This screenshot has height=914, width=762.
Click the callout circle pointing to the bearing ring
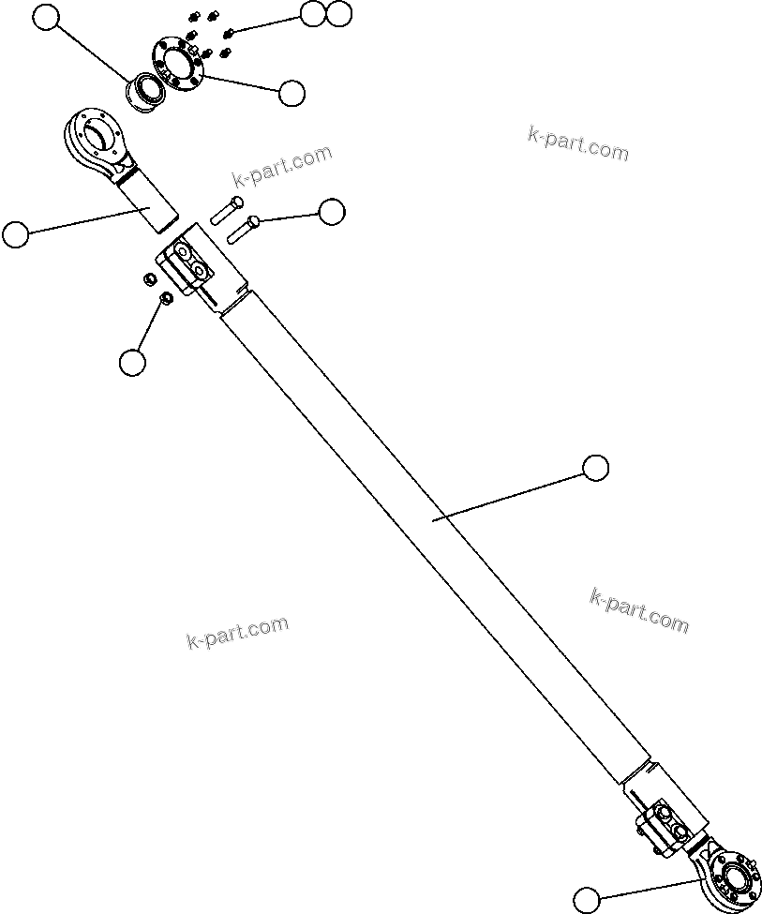pos(45,17)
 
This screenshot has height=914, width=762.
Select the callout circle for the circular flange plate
pos(291,92)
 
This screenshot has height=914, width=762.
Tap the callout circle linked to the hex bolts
pos(332,212)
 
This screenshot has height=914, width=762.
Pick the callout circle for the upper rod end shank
pos(15,234)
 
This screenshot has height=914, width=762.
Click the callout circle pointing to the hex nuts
pos(133,362)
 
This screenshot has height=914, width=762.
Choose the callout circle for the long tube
pos(595,467)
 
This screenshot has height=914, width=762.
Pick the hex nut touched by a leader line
pos(165,299)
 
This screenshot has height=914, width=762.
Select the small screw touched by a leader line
pos(230,33)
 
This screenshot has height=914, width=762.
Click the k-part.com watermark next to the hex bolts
pos(281,166)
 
